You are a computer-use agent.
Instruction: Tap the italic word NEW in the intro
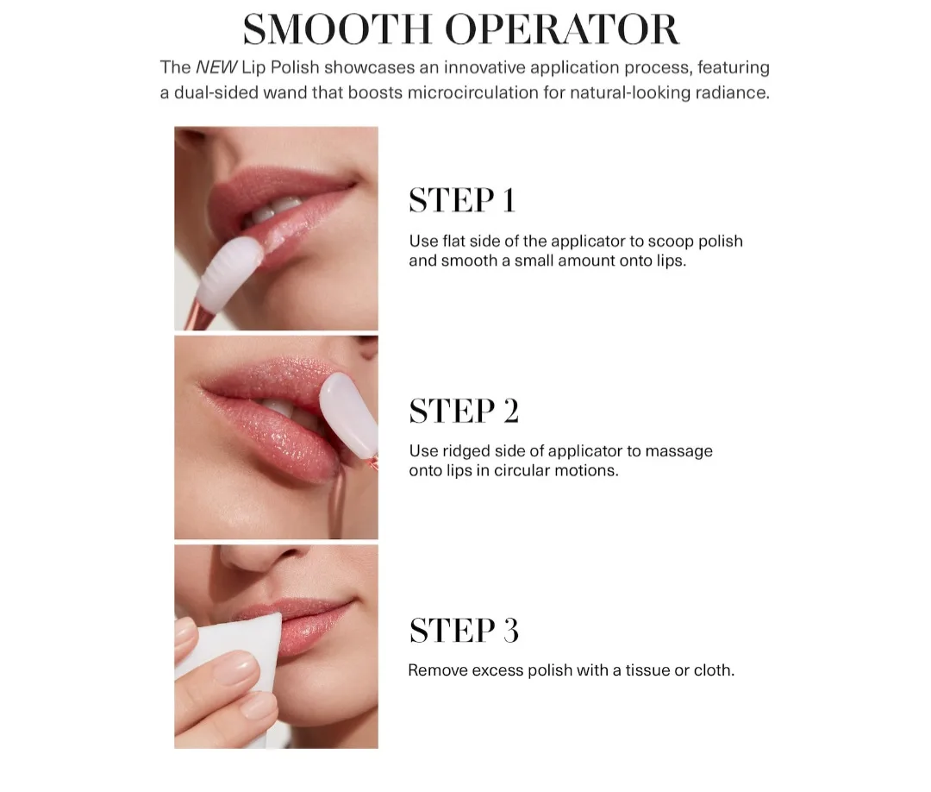click(x=216, y=67)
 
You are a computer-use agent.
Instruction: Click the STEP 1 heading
click(x=462, y=200)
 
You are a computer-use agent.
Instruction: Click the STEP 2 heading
click(x=464, y=411)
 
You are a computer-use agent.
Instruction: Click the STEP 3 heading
click(x=464, y=631)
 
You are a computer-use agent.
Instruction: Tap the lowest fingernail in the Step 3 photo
click(x=259, y=705)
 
